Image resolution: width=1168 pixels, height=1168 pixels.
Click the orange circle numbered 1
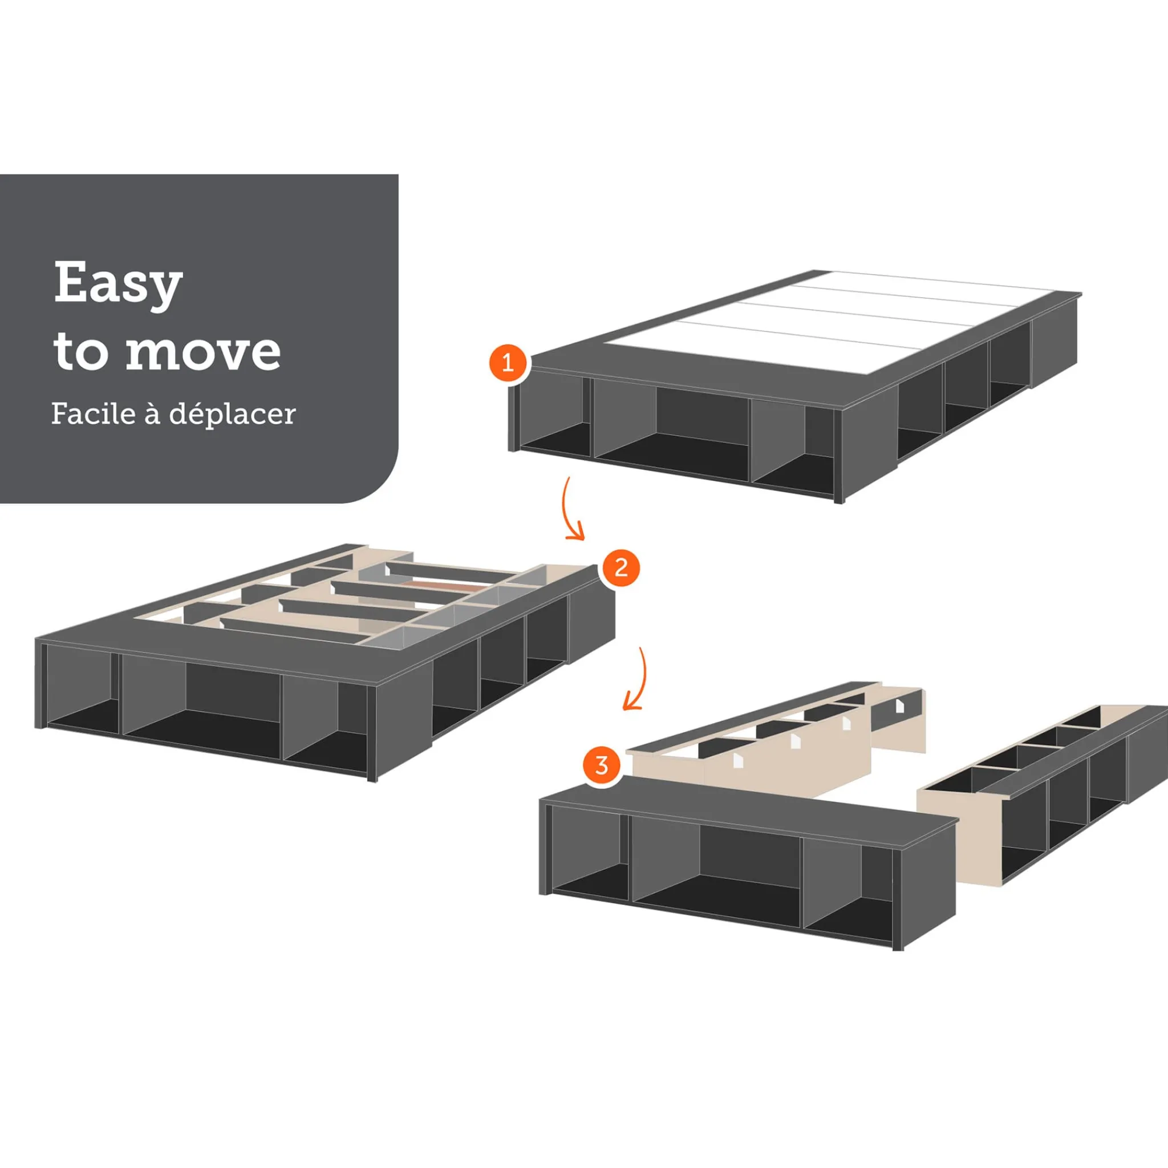click(507, 363)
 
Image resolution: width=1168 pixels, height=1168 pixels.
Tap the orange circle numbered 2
click(620, 567)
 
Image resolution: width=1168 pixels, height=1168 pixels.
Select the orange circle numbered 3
click(602, 766)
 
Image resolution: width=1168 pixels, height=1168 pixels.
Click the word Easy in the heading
click(118, 284)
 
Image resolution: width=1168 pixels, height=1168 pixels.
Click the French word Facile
click(94, 413)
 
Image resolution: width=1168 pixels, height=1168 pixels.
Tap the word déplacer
click(232, 415)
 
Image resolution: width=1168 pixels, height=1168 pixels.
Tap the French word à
click(152, 413)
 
